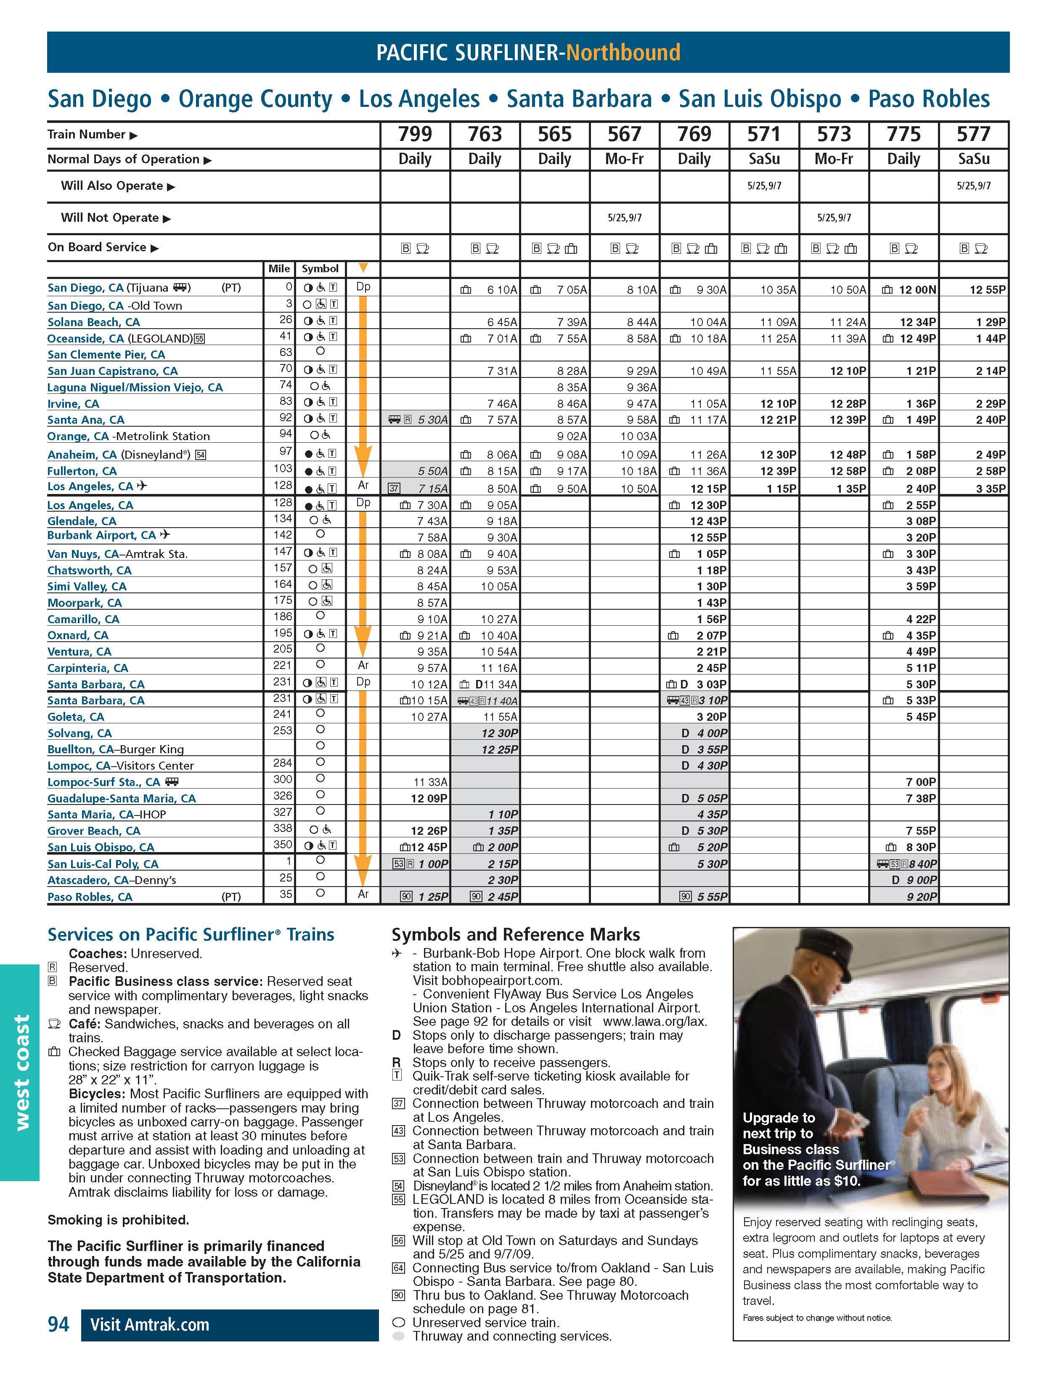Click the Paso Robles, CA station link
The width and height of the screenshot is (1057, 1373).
[x=90, y=897]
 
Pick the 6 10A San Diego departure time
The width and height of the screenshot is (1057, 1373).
[x=502, y=290]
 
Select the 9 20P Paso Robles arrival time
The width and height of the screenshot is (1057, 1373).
[x=921, y=897]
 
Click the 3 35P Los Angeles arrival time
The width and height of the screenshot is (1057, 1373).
[x=991, y=489]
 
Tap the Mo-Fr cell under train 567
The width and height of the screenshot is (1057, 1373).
[x=624, y=159]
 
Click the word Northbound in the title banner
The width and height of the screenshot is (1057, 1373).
[x=623, y=52]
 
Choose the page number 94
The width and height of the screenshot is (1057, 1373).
[x=58, y=1324]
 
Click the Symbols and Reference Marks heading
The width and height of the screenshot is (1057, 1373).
[x=515, y=934]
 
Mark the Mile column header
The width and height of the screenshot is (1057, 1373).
[x=279, y=269]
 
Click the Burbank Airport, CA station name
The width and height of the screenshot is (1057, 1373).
[x=101, y=536]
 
